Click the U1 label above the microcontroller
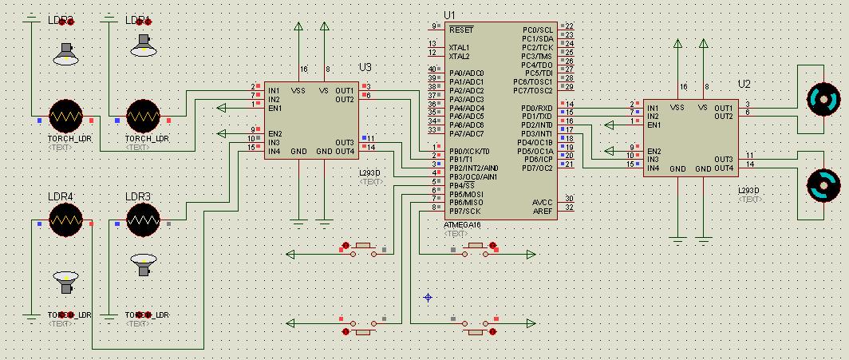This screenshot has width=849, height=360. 449,15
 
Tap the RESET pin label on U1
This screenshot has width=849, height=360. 461,30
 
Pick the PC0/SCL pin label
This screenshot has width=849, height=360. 539,30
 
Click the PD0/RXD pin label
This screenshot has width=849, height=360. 537,108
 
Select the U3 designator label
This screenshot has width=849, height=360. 365,66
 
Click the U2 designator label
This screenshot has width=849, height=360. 744,84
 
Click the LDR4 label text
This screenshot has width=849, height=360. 61,196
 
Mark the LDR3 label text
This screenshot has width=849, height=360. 138,196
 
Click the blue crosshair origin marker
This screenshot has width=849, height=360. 428,297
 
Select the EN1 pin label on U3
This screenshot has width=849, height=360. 275,108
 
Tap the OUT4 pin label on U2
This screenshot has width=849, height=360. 724,168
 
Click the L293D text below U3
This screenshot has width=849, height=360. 370,172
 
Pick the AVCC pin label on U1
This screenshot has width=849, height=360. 542,202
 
